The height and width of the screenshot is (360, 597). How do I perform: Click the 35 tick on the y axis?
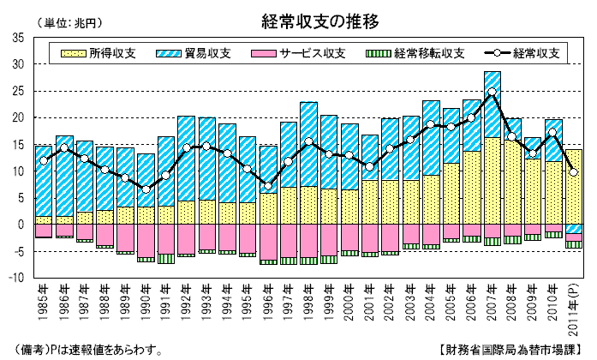click(19, 37)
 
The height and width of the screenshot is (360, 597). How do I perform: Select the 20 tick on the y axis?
click(19, 117)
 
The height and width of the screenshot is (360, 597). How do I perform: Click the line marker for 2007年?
click(492, 91)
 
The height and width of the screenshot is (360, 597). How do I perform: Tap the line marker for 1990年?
click(146, 189)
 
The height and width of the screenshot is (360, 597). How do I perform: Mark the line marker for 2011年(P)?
click(573, 172)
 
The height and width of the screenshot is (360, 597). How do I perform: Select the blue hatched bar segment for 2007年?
click(492, 104)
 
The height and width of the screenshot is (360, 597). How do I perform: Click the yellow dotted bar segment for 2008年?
click(512, 181)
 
